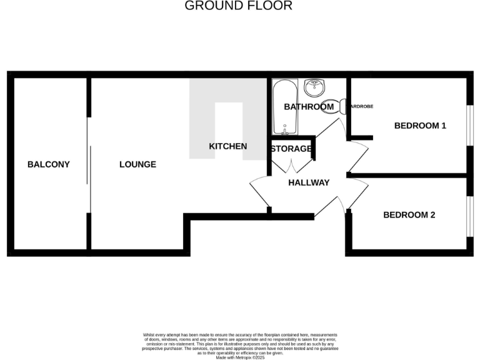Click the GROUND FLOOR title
click(x=238, y=6)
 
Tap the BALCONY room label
click(x=49, y=164)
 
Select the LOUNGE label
click(x=138, y=164)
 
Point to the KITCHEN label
click(x=227, y=146)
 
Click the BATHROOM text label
click(x=309, y=107)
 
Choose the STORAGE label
click(x=291, y=149)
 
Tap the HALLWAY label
click(x=309, y=182)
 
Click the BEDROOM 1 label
click(x=420, y=126)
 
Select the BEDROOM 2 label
click(x=409, y=215)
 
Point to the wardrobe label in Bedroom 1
click(x=361, y=107)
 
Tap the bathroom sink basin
click(x=314, y=86)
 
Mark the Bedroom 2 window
click(x=469, y=216)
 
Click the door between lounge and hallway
click(x=259, y=192)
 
